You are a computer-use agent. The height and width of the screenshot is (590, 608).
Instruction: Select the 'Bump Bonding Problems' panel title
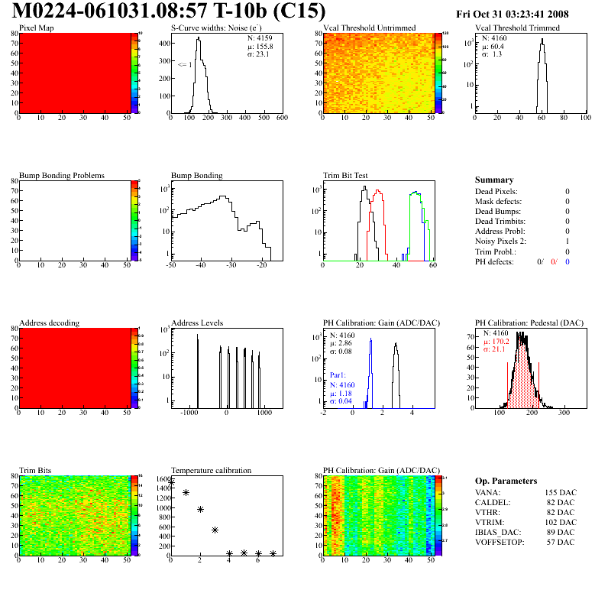(61, 175)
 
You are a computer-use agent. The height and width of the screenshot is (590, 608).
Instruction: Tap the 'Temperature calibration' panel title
(211, 470)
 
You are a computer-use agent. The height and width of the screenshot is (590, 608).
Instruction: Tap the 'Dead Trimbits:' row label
(502, 221)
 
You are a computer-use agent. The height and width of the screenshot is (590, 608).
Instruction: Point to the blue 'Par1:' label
(338, 375)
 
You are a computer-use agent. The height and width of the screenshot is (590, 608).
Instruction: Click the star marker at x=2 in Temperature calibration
(200, 509)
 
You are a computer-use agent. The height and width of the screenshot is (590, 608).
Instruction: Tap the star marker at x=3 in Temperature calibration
(215, 530)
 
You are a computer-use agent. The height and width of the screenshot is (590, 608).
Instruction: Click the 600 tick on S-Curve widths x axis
(281, 118)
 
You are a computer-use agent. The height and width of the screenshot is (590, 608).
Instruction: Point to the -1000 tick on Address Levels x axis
(188, 412)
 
